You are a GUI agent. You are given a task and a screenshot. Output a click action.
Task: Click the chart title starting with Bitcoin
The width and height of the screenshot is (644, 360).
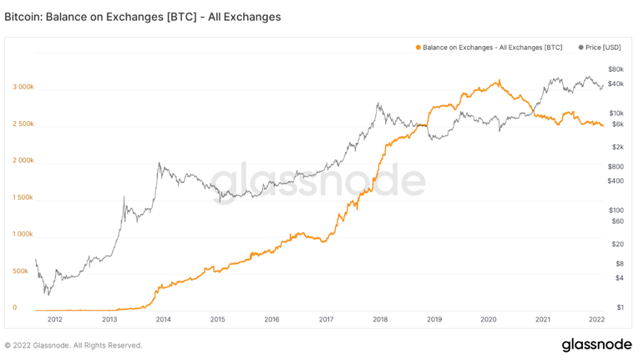(x=142, y=16)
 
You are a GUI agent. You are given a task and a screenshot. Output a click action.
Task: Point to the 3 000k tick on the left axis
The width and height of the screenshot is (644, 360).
(x=23, y=87)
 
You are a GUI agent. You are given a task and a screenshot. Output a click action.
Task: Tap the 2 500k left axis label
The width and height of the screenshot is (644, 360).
(x=23, y=124)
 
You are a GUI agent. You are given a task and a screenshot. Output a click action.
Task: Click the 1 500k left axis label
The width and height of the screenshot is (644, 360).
(x=23, y=197)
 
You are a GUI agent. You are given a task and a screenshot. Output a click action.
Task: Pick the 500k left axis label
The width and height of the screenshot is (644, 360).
(x=22, y=271)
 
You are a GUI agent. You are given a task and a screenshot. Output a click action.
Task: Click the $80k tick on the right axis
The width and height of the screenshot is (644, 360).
(x=616, y=68)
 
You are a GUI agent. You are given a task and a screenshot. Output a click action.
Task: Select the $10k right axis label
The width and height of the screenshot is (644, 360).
(x=616, y=113)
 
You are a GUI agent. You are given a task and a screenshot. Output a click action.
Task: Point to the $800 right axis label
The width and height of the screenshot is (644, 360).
(x=616, y=166)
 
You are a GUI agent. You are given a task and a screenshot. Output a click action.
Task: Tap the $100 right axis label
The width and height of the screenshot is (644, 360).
(x=616, y=210)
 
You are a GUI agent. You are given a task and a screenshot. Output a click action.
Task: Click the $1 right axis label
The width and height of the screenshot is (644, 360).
(x=620, y=307)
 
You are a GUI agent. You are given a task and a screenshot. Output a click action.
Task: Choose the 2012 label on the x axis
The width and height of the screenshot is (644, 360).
(x=55, y=319)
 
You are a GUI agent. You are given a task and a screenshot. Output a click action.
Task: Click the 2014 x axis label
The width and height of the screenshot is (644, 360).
(x=164, y=319)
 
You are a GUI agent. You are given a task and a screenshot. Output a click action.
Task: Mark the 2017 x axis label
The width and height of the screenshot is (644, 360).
(x=326, y=319)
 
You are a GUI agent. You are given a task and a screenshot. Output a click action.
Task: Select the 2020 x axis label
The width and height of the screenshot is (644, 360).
(x=489, y=319)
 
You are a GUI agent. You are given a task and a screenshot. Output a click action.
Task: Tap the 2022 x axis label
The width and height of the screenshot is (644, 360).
(x=596, y=319)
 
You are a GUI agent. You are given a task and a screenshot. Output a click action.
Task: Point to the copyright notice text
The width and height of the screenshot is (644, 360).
(x=74, y=345)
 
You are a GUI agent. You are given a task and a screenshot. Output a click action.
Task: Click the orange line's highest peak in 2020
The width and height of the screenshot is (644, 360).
(x=499, y=81)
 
